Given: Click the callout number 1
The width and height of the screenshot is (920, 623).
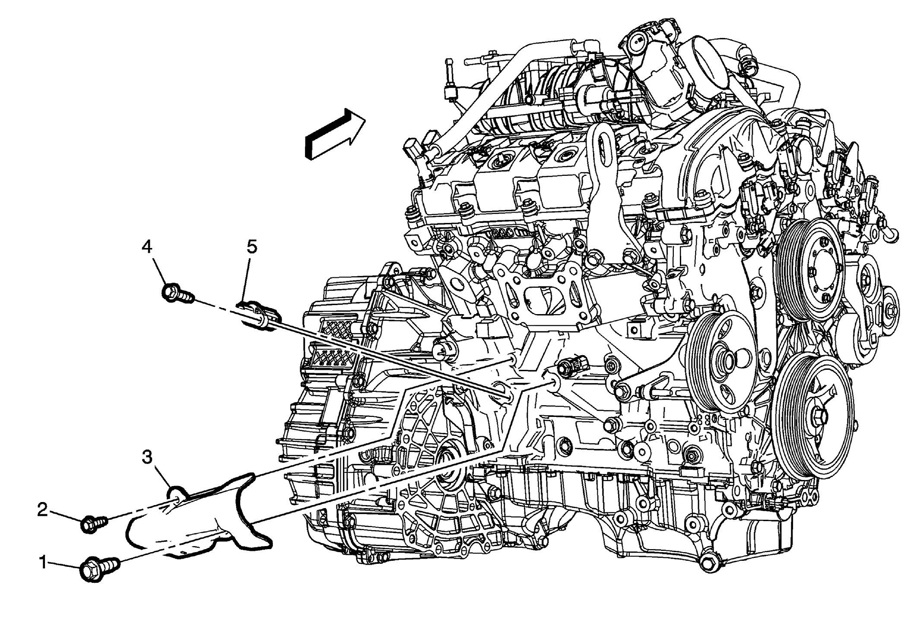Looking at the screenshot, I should (x=43, y=563).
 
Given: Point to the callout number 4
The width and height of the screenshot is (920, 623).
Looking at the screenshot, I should (x=147, y=247).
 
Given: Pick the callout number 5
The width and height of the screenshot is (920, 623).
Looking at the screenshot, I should (x=252, y=247).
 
